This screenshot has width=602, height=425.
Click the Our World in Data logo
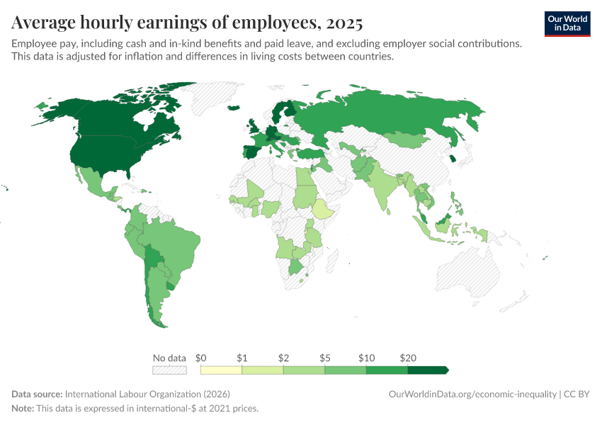(x=567, y=23)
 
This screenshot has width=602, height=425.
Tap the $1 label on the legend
(x=242, y=358)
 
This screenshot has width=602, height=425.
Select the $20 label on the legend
(x=407, y=358)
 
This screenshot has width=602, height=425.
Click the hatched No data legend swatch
(x=169, y=370)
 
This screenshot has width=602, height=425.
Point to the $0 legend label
(x=200, y=358)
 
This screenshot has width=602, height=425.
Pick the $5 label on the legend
(x=324, y=358)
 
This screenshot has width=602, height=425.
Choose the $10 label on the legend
(x=365, y=358)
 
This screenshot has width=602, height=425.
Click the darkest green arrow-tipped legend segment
(x=428, y=370)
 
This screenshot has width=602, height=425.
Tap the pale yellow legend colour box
(x=221, y=370)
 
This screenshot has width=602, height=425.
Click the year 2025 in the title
(x=344, y=23)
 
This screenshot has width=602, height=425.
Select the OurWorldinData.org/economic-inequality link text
(x=472, y=394)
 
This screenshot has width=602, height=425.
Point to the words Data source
(x=36, y=394)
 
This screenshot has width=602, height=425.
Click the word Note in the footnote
(x=23, y=409)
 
